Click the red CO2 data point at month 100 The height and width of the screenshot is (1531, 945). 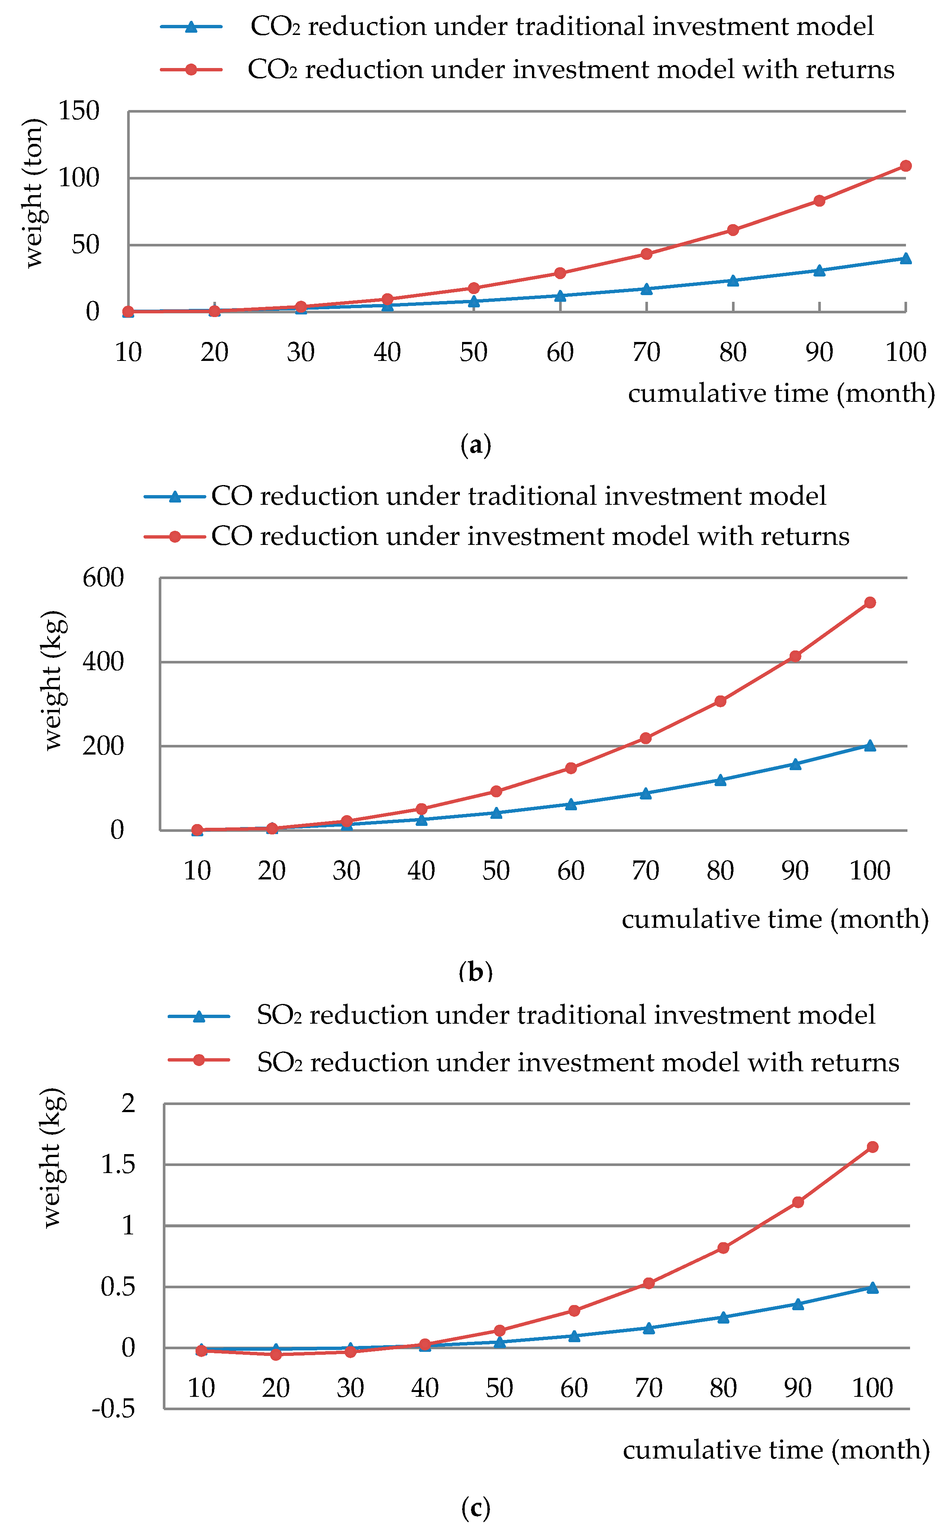pos(905,166)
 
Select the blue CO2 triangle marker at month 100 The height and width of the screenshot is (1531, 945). pos(905,258)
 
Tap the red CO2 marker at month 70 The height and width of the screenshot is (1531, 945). pos(646,254)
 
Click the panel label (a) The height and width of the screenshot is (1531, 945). pos(475,445)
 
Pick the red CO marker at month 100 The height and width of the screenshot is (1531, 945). pos(870,603)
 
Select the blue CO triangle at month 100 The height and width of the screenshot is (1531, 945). pos(870,746)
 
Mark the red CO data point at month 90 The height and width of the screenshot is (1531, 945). pos(795,656)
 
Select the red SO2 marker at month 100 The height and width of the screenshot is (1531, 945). pos(873,1147)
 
